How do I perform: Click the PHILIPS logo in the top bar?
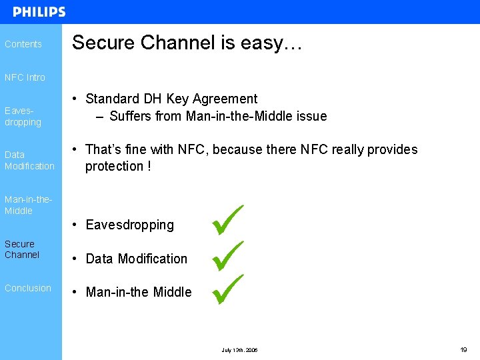coord(39,12)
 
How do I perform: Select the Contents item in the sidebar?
coord(23,44)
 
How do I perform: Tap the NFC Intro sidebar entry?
coord(25,77)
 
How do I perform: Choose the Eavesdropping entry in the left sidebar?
coord(23,117)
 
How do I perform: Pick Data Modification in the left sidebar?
coord(29,160)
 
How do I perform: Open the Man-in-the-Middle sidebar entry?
coord(28,205)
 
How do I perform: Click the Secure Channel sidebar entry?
coord(22,249)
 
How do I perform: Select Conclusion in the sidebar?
coord(27,288)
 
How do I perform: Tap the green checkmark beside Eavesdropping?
coord(228,220)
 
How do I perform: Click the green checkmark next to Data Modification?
coord(228,256)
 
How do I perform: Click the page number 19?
coord(463,349)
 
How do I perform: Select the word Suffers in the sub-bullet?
coord(131,116)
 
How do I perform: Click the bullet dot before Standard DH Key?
coord(77,99)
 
